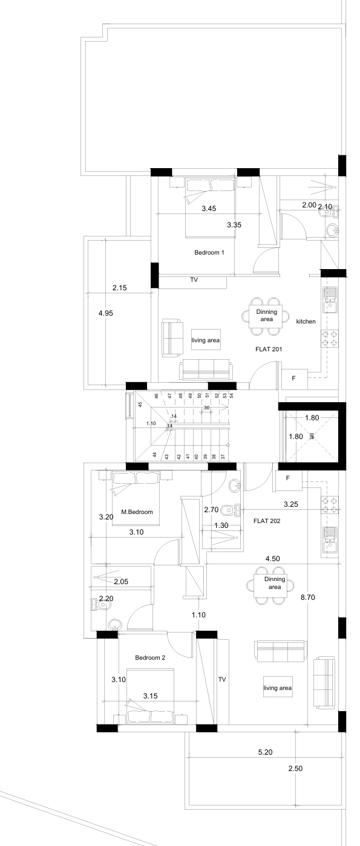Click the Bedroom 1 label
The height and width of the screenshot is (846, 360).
[209, 252]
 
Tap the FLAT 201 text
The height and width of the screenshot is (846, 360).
[269, 349]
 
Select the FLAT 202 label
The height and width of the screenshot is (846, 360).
[267, 521]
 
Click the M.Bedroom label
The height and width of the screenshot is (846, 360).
[137, 512]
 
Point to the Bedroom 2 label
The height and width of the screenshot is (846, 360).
[150, 657]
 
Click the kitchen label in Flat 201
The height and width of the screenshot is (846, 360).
[306, 321]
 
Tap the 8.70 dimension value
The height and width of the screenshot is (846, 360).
[307, 597]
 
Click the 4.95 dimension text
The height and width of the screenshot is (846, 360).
[105, 313]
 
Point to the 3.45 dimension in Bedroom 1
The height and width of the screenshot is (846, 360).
[209, 208]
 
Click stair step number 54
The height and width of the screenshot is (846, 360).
[232, 395]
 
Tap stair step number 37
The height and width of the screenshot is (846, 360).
[223, 457]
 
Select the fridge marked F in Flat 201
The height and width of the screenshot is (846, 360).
[293, 378]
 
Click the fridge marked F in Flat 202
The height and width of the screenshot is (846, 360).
[288, 478]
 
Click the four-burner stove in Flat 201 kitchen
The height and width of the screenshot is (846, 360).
[330, 339]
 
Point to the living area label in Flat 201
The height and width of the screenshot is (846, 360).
[206, 340]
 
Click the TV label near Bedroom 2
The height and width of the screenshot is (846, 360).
[221, 680]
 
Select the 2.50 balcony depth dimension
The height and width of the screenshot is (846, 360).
[295, 768]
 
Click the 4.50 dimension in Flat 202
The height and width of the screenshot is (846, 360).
[272, 559]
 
